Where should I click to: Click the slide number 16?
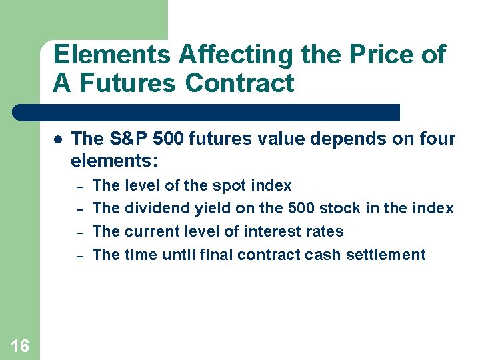tap(20, 345)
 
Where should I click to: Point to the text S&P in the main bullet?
tap(125, 139)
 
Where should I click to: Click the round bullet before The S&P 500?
tap(58, 139)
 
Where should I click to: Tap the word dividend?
tap(157, 209)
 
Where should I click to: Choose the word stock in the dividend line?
tap(342, 209)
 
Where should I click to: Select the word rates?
tap(325, 232)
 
